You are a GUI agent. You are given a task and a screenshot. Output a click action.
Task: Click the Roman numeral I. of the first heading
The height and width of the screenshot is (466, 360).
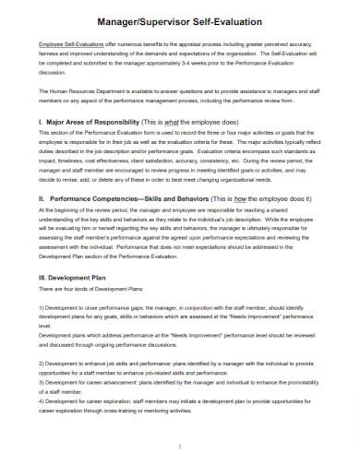[x=42, y=121]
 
